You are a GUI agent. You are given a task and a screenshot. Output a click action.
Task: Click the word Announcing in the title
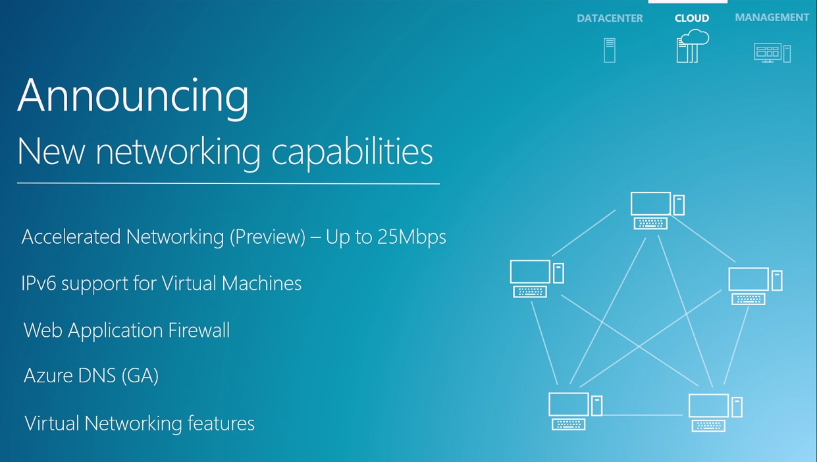pyautogui.click(x=133, y=96)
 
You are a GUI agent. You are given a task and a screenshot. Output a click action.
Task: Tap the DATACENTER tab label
pyautogui.click(x=610, y=18)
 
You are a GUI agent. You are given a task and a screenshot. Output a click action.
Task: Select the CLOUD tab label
pyautogui.click(x=692, y=18)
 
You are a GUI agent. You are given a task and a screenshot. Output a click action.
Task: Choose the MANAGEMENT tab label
pyautogui.click(x=772, y=18)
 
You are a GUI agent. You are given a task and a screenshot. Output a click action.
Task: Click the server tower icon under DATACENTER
pyautogui.click(x=610, y=50)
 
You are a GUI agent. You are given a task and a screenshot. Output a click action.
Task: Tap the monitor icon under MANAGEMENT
pyautogui.click(x=772, y=53)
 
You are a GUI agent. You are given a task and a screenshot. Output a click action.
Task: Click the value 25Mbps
pyautogui.click(x=412, y=237)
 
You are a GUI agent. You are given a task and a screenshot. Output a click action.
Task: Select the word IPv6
pyautogui.click(x=39, y=284)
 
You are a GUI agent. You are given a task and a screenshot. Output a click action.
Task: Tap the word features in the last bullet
pyautogui.click(x=221, y=423)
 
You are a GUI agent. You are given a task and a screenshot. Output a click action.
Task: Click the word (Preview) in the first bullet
pyautogui.click(x=267, y=237)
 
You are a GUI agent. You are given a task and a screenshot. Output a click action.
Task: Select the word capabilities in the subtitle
pyautogui.click(x=352, y=152)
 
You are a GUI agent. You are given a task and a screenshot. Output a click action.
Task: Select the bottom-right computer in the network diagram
pyautogui.click(x=715, y=412)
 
